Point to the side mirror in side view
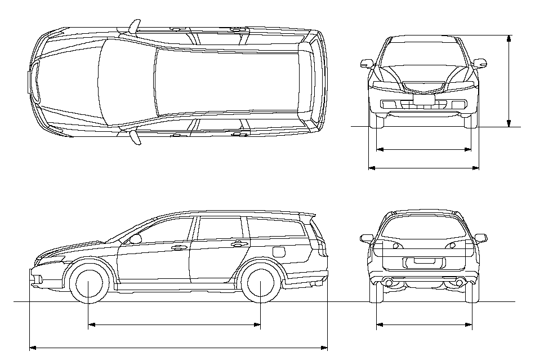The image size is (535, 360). [135, 239]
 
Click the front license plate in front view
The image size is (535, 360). [423, 100]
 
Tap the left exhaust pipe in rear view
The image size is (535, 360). [387, 281]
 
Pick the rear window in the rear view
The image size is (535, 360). [423, 227]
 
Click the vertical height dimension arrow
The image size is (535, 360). [509, 81]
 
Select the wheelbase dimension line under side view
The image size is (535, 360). [175, 325]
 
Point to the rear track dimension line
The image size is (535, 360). [423, 325]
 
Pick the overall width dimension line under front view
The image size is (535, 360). [423, 167]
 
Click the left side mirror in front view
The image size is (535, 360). [367, 63]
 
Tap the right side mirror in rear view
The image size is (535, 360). [480, 238]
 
